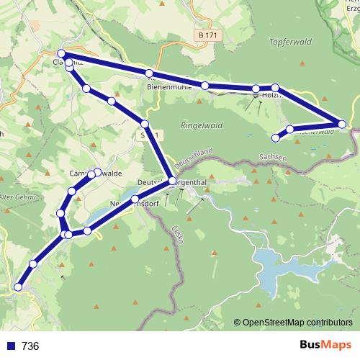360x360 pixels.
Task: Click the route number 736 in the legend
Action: [x=30, y=346]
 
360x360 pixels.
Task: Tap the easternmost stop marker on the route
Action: [x=343, y=125]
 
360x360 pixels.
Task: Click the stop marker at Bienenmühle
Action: [x=149, y=73]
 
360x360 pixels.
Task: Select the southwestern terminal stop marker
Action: [x=18, y=287]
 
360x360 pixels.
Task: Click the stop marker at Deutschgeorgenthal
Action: [x=172, y=181]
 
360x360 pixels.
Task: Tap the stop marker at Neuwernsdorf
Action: [x=135, y=199]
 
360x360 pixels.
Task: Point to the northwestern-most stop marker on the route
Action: [x=62, y=54]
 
